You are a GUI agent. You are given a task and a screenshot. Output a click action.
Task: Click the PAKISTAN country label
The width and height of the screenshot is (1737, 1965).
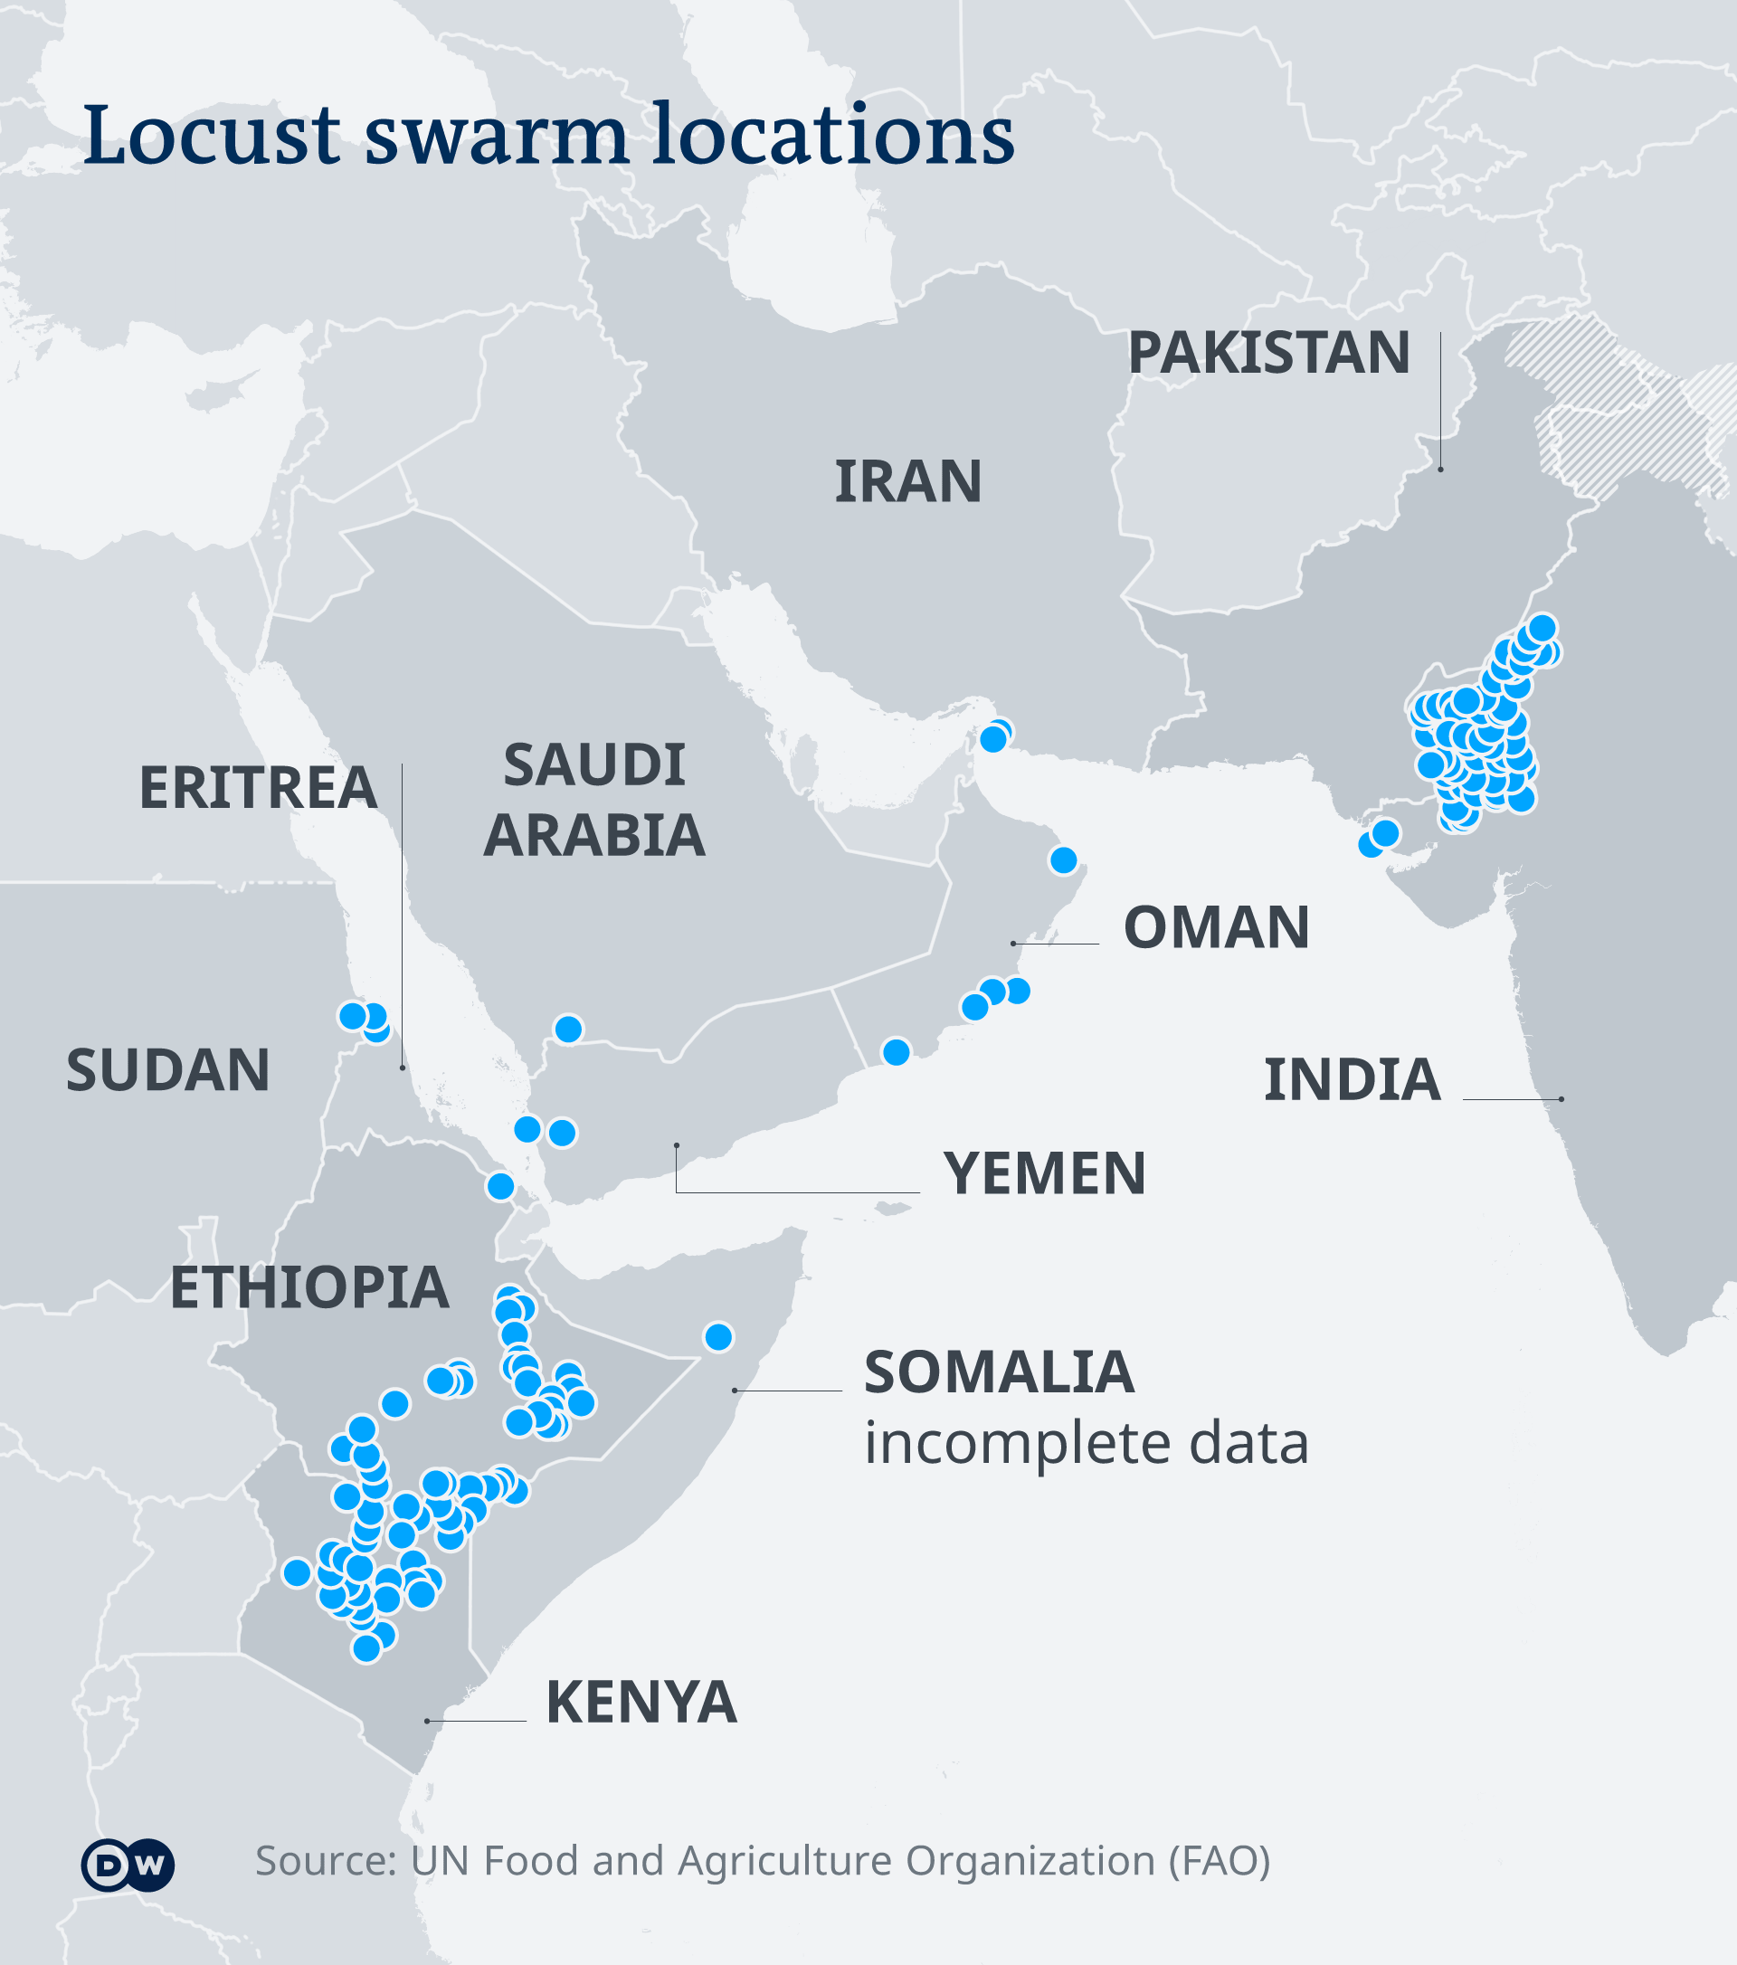[x=1267, y=353]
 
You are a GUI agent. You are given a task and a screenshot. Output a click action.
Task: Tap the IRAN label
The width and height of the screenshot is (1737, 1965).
[x=907, y=481]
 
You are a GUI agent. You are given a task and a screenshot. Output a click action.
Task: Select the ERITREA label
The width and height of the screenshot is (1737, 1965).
[x=258, y=787]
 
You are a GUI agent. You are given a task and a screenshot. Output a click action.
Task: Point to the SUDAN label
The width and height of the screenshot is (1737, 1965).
[x=168, y=1070]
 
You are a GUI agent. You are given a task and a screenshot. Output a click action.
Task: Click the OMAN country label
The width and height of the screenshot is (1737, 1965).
[x=1216, y=927]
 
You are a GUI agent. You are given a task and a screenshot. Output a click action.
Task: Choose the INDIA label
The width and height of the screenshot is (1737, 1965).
[x=1352, y=1079]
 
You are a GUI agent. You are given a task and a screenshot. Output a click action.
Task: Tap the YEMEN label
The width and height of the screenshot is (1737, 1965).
[x=1044, y=1173]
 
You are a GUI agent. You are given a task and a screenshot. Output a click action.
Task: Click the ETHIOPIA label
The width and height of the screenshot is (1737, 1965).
[x=309, y=1287]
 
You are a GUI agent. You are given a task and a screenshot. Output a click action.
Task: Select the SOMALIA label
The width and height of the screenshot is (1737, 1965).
[x=999, y=1372]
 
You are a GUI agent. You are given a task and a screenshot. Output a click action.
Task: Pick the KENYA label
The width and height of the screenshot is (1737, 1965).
[x=641, y=1703]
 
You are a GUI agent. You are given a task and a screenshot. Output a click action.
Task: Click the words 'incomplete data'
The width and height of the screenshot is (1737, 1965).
[x=1087, y=1443]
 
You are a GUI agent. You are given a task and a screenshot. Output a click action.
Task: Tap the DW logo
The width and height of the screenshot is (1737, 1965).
[x=128, y=1866]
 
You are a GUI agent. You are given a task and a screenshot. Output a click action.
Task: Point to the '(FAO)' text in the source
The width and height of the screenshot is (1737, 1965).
[x=1220, y=1861]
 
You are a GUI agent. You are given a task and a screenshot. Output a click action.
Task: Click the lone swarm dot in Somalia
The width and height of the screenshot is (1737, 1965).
[x=718, y=1337]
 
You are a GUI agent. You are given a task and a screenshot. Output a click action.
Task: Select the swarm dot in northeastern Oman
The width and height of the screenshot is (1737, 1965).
[x=1063, y=860]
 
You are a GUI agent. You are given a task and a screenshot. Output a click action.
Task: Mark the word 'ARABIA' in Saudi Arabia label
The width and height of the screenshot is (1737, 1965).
[x=594, y=835]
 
